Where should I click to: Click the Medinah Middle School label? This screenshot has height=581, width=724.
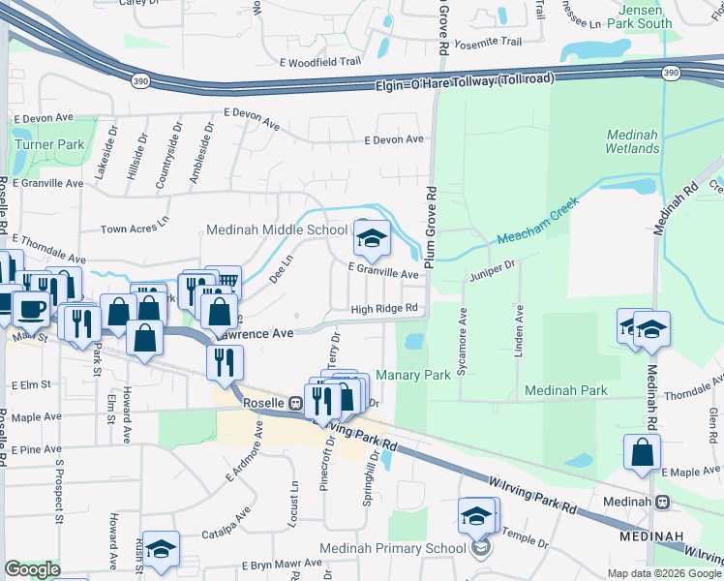pos(276,230)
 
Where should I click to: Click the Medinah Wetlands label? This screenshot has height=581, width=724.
pos(633,141)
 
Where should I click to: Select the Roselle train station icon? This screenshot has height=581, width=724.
pos(295,402)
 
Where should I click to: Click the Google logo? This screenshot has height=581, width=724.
pos(32,569)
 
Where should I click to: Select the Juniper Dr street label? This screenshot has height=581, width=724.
pos(494,276)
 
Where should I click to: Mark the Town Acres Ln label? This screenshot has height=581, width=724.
pos(136,230)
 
